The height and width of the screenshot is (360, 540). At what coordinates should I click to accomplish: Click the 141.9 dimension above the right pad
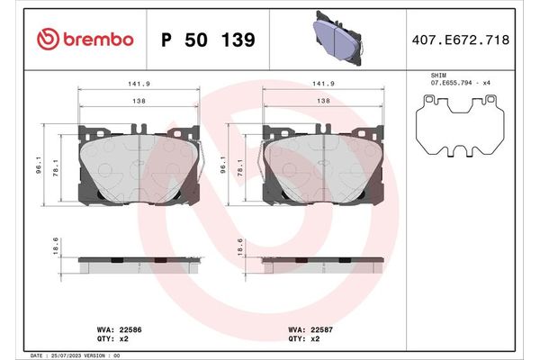point(321,84)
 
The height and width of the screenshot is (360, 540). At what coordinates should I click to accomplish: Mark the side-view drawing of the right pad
point(321,265)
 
